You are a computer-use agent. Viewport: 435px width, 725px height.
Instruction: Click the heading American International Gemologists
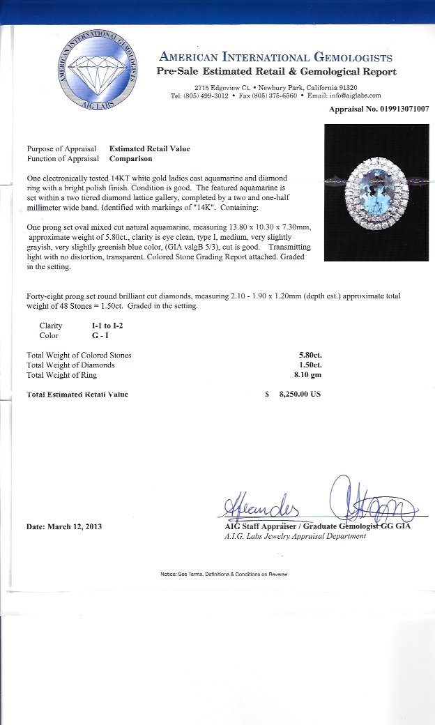(276, 58)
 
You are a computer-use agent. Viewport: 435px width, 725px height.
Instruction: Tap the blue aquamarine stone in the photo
(376, 190)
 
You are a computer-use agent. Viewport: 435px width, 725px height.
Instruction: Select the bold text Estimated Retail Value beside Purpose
(149, 148)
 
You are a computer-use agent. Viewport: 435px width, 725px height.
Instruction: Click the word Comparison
(131, 158)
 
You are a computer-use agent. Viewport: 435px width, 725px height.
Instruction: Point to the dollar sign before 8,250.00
(267, 394)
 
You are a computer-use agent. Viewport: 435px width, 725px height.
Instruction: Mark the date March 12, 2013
(64, 526)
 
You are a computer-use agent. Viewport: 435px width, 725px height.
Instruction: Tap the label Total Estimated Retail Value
(77, 395)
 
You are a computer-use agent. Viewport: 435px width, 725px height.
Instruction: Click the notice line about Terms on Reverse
(224, 574)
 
